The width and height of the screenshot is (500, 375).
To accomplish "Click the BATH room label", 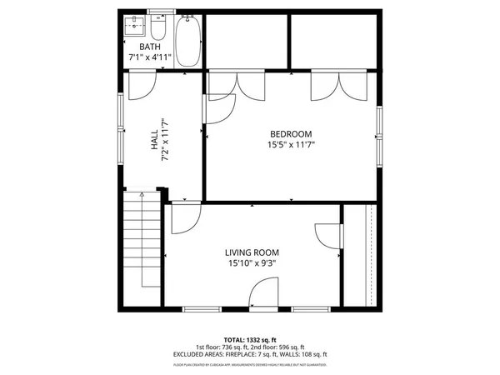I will (150, 47).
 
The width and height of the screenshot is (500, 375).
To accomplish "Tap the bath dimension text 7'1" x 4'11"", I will (150, 57).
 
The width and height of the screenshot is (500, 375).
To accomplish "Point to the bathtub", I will (188, 42).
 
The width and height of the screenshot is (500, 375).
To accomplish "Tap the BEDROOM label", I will (290, 134).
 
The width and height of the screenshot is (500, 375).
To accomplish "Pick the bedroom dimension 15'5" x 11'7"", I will (290, 145).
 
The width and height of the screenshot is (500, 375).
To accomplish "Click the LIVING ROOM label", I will (252, 252).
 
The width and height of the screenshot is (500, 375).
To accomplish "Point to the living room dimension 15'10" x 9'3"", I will (252, 263).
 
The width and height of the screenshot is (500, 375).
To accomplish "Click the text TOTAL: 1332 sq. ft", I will (250, 340).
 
